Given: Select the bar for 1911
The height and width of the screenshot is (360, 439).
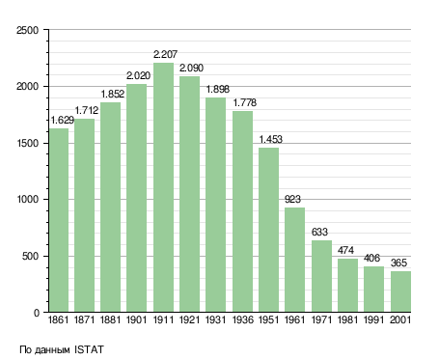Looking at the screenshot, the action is [x=163, y=187].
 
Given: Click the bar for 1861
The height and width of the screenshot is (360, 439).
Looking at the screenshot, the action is [x=59, y=220].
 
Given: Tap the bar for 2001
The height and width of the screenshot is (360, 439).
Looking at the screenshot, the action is [x=400, y=291].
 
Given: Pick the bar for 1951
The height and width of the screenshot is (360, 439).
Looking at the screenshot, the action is [x=268, y=230].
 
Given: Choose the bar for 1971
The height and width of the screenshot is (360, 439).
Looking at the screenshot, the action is [x=321, y=276].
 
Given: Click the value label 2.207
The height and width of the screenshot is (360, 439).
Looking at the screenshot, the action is [x=165, y=54].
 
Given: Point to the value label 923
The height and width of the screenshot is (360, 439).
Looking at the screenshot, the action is [x=292, y=200].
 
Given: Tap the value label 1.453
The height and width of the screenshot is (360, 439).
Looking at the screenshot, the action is [x=270, y=139].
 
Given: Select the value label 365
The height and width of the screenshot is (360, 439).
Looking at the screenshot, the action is [x=398, y=263].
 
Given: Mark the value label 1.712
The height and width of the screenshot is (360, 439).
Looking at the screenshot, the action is [x=87, y=110].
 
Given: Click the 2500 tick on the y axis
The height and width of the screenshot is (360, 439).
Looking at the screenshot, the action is [x=28, y=30].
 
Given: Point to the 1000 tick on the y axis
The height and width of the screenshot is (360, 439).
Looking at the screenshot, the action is [x=28, y=200].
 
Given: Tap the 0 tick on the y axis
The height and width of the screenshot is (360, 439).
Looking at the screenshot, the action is [x=37, y=313].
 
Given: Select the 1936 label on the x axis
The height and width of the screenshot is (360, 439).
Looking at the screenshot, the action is [x=242, y=319].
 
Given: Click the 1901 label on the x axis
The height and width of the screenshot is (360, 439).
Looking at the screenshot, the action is [x=137, y=319].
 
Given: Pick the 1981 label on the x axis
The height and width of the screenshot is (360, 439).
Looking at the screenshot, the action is [x=347, y=319].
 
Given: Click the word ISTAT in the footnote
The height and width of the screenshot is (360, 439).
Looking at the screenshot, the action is [x=89, y=349].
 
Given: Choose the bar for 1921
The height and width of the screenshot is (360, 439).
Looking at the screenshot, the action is [x=189, y=194].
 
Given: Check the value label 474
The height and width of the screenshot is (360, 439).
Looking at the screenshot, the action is [x=345, y=250].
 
